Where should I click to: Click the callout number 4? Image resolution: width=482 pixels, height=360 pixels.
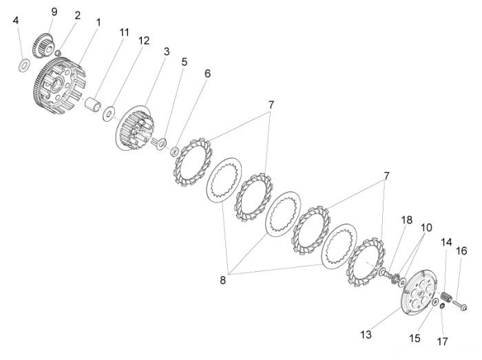coord(16,21)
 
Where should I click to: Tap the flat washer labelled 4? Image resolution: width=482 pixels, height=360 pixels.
coord(24,65)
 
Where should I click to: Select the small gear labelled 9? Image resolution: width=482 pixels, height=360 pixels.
coord(43,46)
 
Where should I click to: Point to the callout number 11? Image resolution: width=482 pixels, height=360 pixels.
coord(124,32)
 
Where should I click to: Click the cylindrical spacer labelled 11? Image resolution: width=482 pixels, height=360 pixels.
coord(94,105)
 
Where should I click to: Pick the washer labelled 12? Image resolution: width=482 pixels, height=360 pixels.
coord(108,114)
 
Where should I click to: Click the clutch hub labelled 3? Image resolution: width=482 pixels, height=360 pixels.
coord(135,128)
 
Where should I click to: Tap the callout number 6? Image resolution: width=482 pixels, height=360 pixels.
coord(208,74)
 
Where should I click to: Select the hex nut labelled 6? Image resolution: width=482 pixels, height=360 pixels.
coord(175,151)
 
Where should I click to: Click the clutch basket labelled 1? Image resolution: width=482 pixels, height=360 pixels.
coord(59,86)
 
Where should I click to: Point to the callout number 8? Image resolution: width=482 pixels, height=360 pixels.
coord(223,280)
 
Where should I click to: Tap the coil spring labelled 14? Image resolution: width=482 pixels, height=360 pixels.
coord(446,297)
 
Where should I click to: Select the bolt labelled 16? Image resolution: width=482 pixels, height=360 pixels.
coord(459,305)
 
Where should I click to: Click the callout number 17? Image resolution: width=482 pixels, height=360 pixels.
coord(442,341)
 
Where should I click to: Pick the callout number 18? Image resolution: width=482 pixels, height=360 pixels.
coord(407,220)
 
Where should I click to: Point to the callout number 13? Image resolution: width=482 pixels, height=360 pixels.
coord(366,335)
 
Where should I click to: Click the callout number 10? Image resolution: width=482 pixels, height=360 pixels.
coord(426,228)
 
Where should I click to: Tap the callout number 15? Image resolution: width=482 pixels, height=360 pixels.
coord(415,338)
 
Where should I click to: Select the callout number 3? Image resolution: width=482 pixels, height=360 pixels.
coord(167,52)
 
